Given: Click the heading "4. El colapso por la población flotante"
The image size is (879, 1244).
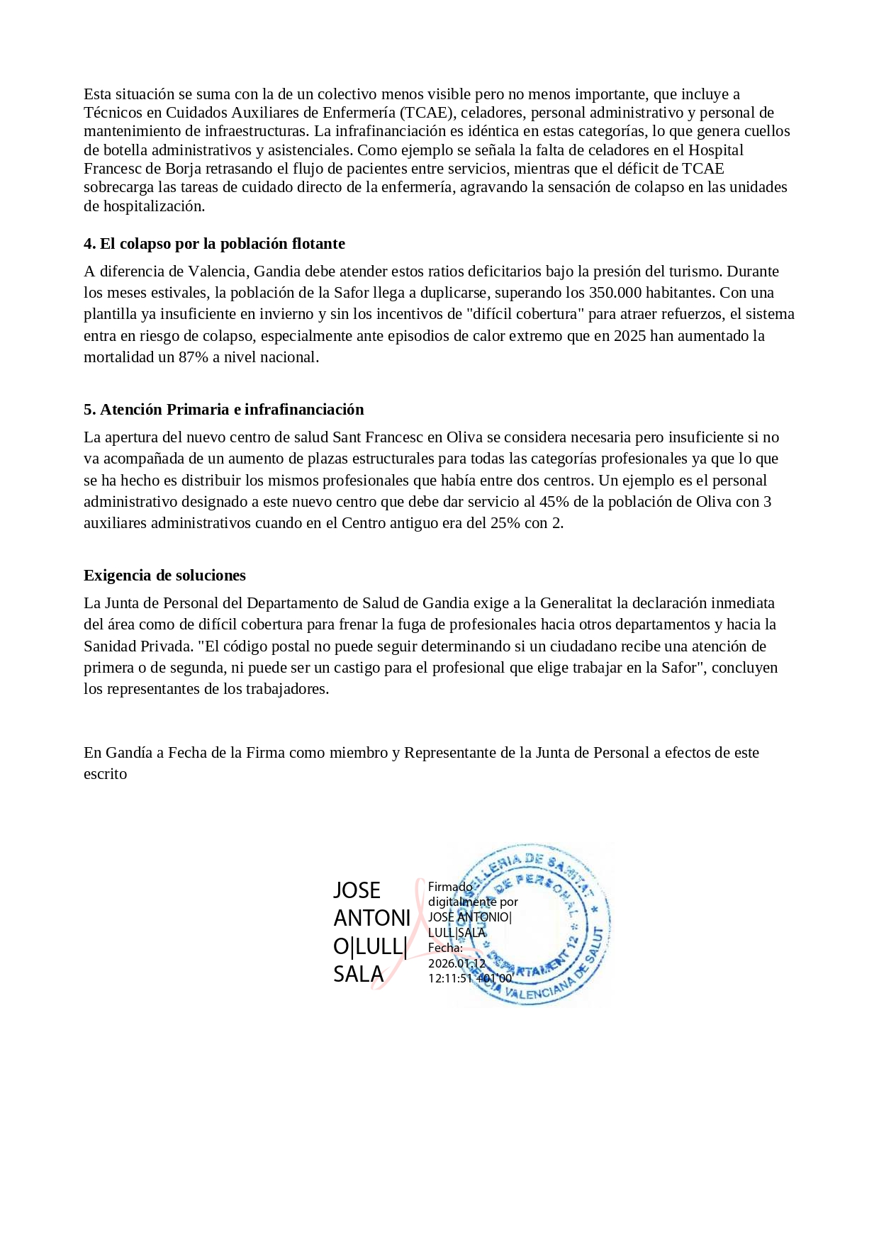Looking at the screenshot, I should click(x=214, y=244).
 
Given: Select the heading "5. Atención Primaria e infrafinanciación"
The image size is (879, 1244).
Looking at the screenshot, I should click(x=223, y=410).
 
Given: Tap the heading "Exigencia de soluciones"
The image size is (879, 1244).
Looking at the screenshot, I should click(x=164, y=576).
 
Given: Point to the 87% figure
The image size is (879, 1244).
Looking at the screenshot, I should click(x=194, y=357).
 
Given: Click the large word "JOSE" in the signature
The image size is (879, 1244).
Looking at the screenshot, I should click(x=357, y=891).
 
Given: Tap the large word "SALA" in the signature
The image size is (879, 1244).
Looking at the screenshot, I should click(x=358, y=975).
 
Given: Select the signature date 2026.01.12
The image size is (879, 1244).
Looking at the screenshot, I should click(x=457, y=964).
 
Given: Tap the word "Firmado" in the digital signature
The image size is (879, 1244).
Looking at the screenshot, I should click(x=450, y=887).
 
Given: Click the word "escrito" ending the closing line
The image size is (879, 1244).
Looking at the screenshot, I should click(x=106, y=775).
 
